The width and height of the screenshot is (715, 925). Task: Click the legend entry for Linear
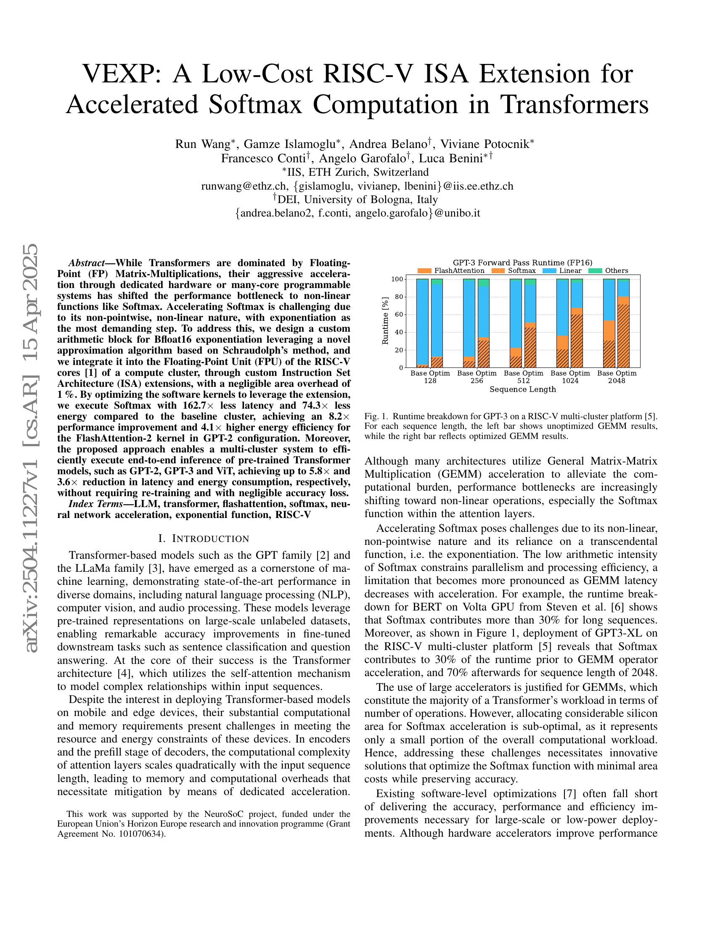(x=570, y=271)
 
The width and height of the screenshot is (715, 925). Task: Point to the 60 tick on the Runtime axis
(x=398, y=314)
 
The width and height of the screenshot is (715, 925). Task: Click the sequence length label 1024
(x=570, y=381)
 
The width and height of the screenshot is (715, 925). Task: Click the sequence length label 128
(x=430, y=381)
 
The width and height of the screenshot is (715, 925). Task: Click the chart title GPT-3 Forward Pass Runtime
(x=522, y=263)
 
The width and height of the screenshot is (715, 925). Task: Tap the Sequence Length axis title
(x=522, y=389)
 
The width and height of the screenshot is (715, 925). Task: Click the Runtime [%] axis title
(x=385, y=321)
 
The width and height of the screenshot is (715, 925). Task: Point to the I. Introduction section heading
(x=203, y=539)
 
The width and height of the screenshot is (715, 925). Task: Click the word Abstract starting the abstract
(x=86, y=263)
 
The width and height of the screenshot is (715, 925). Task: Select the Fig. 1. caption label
(x=376, y=416)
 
